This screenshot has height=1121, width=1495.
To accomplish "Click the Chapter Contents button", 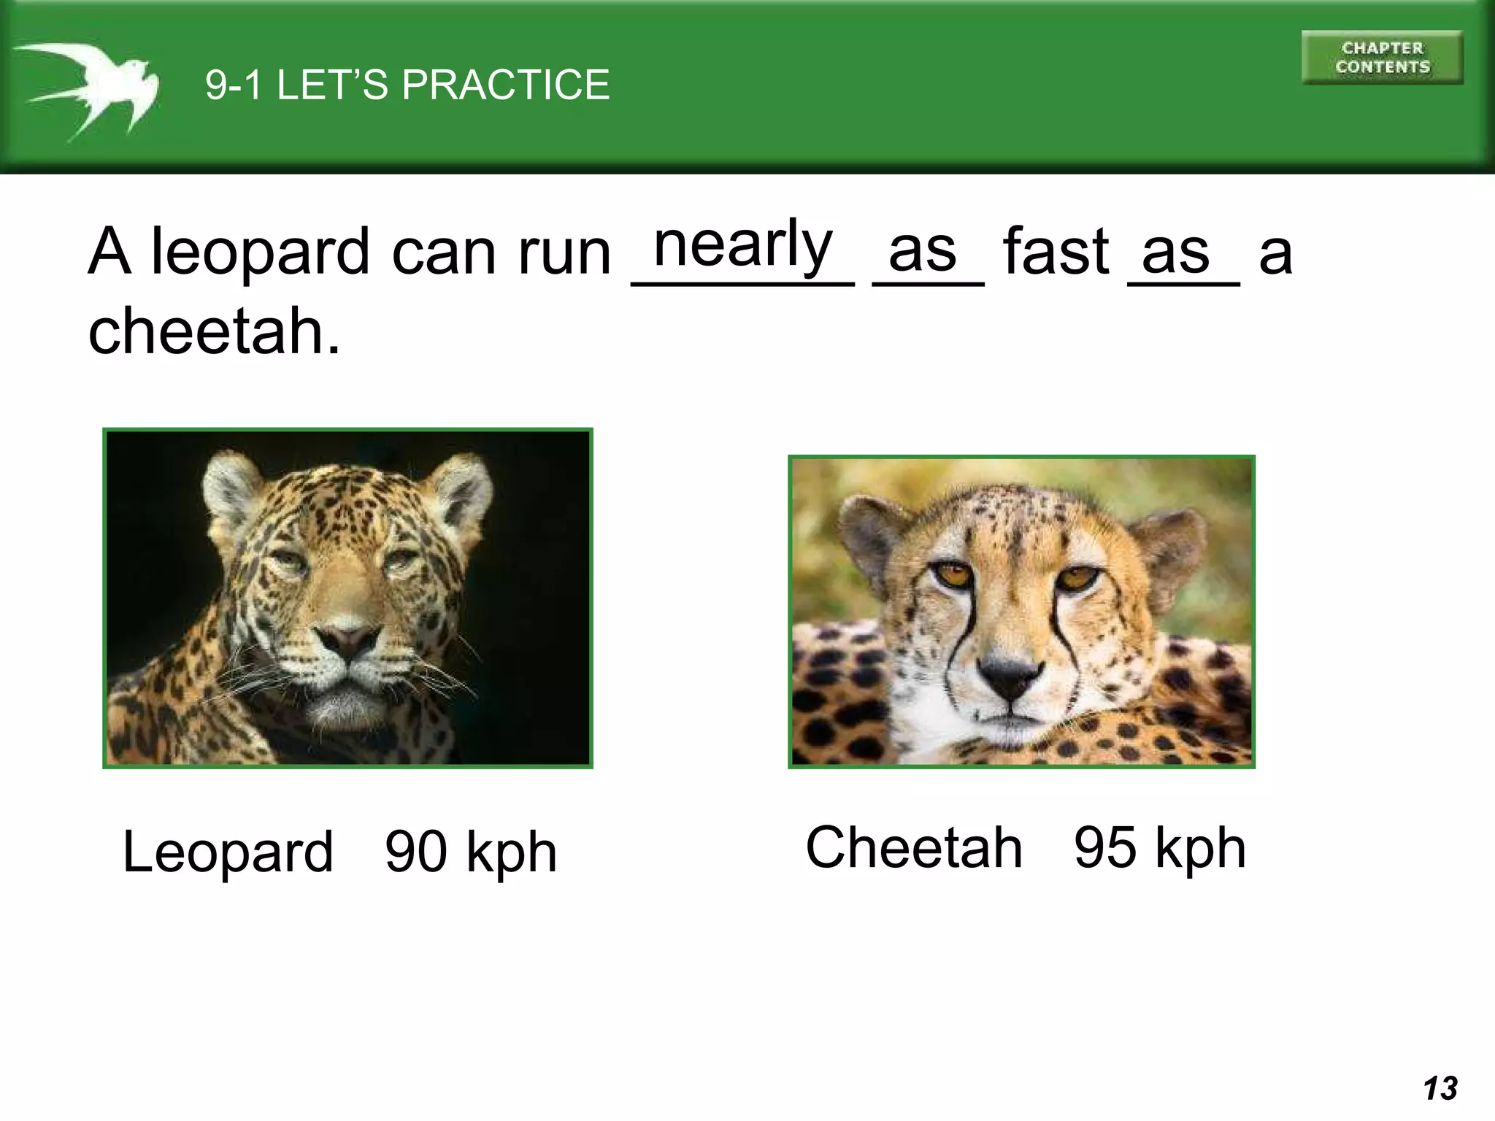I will (x=1382, y=58).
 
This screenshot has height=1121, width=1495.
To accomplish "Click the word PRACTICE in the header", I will (x=505, y=85).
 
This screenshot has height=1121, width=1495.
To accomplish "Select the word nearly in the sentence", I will (x=743, y=245).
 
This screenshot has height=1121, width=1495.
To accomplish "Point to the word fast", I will (x=1056, y=252).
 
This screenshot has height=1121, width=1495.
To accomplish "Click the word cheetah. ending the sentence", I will (x=214, y=331).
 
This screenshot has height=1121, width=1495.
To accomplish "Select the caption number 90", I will (x=415, y=852).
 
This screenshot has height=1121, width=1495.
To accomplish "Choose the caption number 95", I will (x=1104, y=847).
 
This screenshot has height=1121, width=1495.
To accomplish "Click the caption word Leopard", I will (x=228, y=852).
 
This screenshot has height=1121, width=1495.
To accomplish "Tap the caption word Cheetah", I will (x=914, y=847).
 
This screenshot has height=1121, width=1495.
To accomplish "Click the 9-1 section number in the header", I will (x=234, y=85).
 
